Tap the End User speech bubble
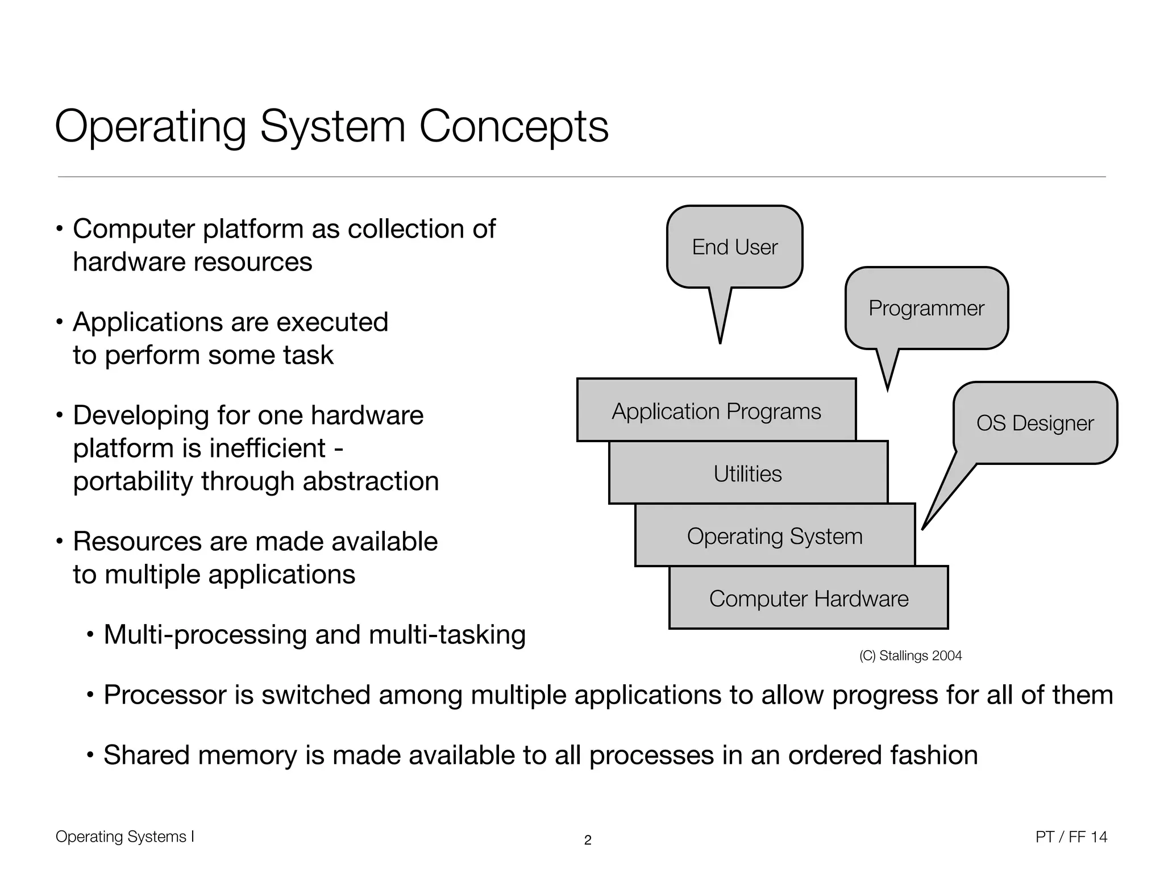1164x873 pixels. pyautogui.click(x=734, y=247)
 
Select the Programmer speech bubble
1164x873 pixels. pyautogui.click(x=926, y=308)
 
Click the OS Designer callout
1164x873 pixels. pyautogui.click(x=1034, y=423)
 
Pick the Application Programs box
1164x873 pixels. pyautogui.click(x=716, y=410)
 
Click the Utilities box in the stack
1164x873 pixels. pyautogui.click(x=747, y=473)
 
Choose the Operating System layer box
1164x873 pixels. pyautogui.click(x=775, y=535)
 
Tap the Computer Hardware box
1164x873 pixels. pyautogui.click(x=808, y=598)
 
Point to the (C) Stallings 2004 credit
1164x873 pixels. pyautogui.click(x=910, y=655)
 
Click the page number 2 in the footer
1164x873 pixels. pyautogui.click(x=588, y=840)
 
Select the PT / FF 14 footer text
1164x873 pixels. pyautogui.click(x=1071, y=837)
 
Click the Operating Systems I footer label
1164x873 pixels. pyautogui.click(x=125, y=837)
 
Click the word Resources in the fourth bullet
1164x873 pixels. pyautogui.click(x=137, y=541)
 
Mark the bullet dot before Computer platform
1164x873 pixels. pyautogui.click(x=59, y=230)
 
